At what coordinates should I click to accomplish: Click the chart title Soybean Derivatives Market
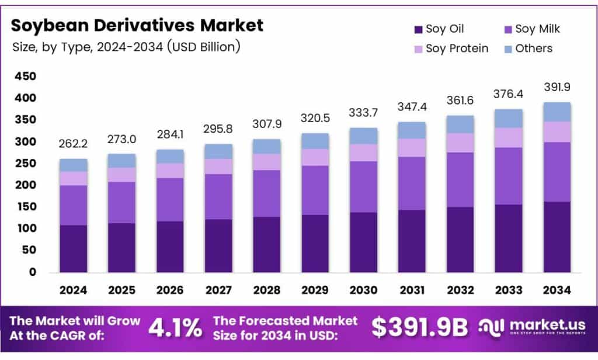pos(137,25)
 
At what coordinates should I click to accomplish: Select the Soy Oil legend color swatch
pos(418,29)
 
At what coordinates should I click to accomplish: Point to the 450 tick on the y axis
pos(26,77)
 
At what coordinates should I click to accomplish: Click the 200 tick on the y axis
pos(26,185)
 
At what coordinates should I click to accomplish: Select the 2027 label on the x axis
pos(218,290)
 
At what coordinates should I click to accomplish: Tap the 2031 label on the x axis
pos(412,290)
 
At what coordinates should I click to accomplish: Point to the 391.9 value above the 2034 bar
pos(557,87)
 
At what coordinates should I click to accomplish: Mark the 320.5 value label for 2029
pos(315,118)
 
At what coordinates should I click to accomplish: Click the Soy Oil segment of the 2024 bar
pos(73,248)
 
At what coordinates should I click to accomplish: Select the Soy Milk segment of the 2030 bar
pos(364,186)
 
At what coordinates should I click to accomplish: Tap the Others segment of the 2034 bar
pos(557,112)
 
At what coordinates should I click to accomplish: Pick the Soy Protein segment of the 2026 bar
pos(170,170)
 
